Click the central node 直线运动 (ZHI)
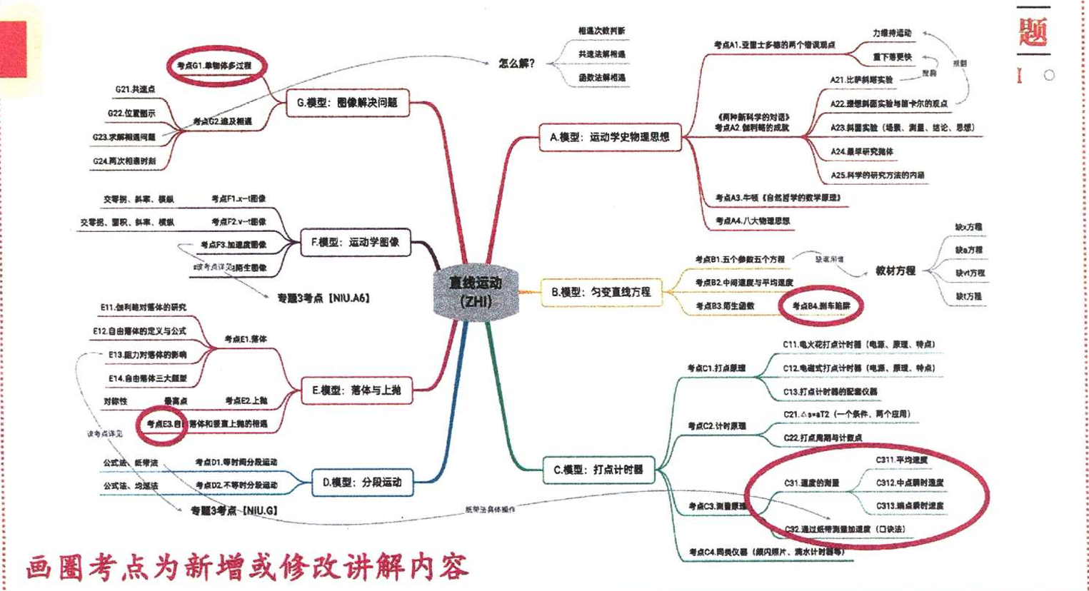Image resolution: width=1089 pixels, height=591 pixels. [476, 291]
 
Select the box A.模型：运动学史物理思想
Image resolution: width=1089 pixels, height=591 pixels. [609, 137]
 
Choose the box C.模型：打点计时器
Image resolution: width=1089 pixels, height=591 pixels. [598, 470]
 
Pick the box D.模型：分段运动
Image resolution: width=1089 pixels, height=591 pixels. [361, 483]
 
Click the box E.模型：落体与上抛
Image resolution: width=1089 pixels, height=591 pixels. [356, 390]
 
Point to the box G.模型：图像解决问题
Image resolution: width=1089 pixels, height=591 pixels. [346, 103]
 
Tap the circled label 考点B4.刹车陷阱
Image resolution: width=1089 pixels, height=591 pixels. [821, 306]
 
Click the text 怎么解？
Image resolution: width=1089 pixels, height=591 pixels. [517, 64]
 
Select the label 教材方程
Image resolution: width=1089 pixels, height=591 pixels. [895, 271]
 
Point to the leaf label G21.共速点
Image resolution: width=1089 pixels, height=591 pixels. [135, 90]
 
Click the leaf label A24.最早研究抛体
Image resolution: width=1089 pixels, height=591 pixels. [861, 151]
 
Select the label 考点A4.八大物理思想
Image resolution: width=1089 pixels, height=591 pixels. [753, 221]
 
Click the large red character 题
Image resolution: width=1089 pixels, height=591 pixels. [1033, 31]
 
